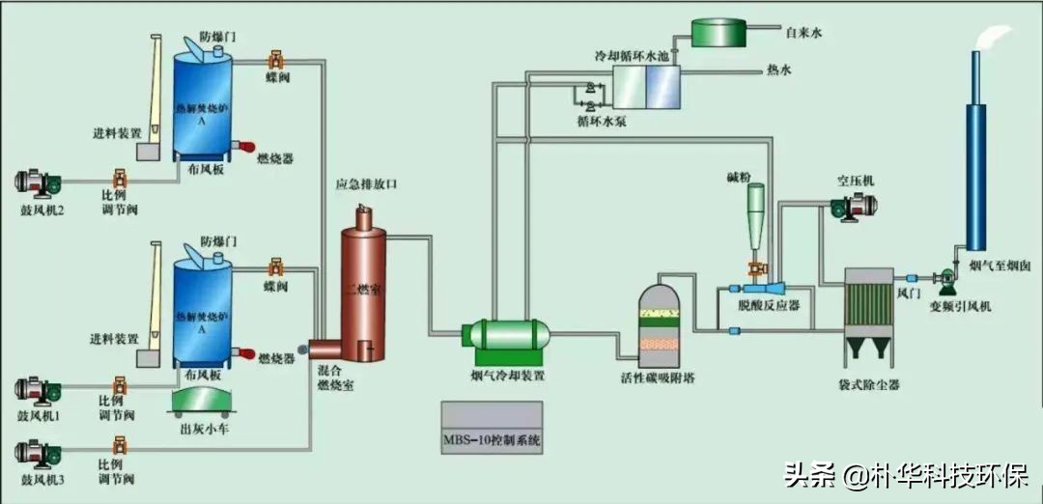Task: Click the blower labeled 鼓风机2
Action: [39, 181]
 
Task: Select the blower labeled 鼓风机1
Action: [39, 390]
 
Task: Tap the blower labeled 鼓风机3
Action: [39, 450]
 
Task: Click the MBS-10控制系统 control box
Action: [492, 427]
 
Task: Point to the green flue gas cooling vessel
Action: [505, 335]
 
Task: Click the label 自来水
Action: [803, 33]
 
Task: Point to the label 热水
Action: [779, 70]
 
